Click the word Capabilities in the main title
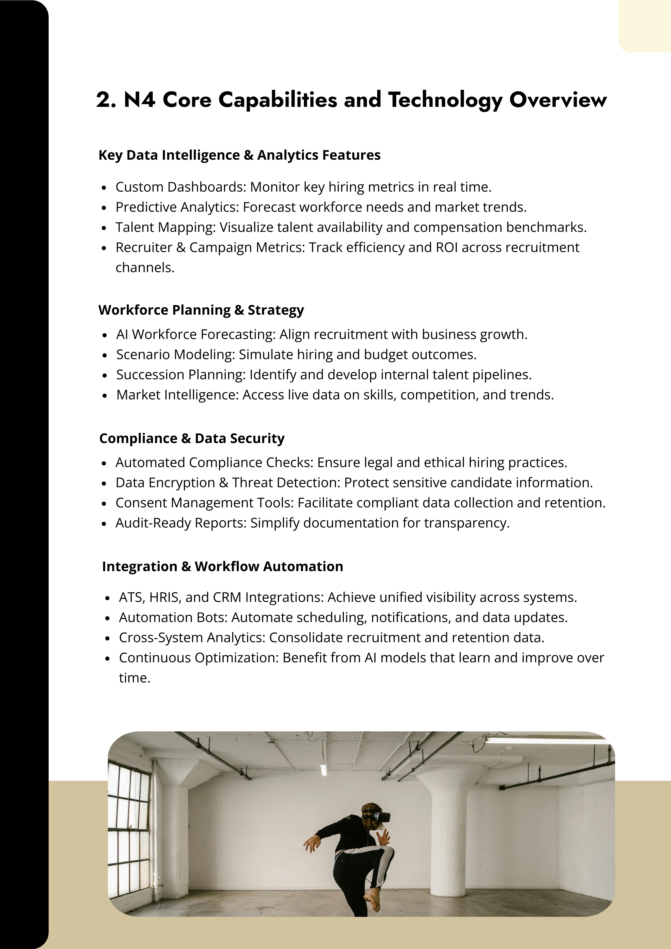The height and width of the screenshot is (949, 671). click(x=278, y=100)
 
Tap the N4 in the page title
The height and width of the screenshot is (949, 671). click(x=140, y=100)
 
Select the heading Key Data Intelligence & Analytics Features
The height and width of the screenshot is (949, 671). click(x=239, y=155)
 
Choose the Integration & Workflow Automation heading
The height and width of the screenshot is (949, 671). click(x=222, y=566)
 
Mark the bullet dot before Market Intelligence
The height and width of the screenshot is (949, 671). click(x=105, y=395)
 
